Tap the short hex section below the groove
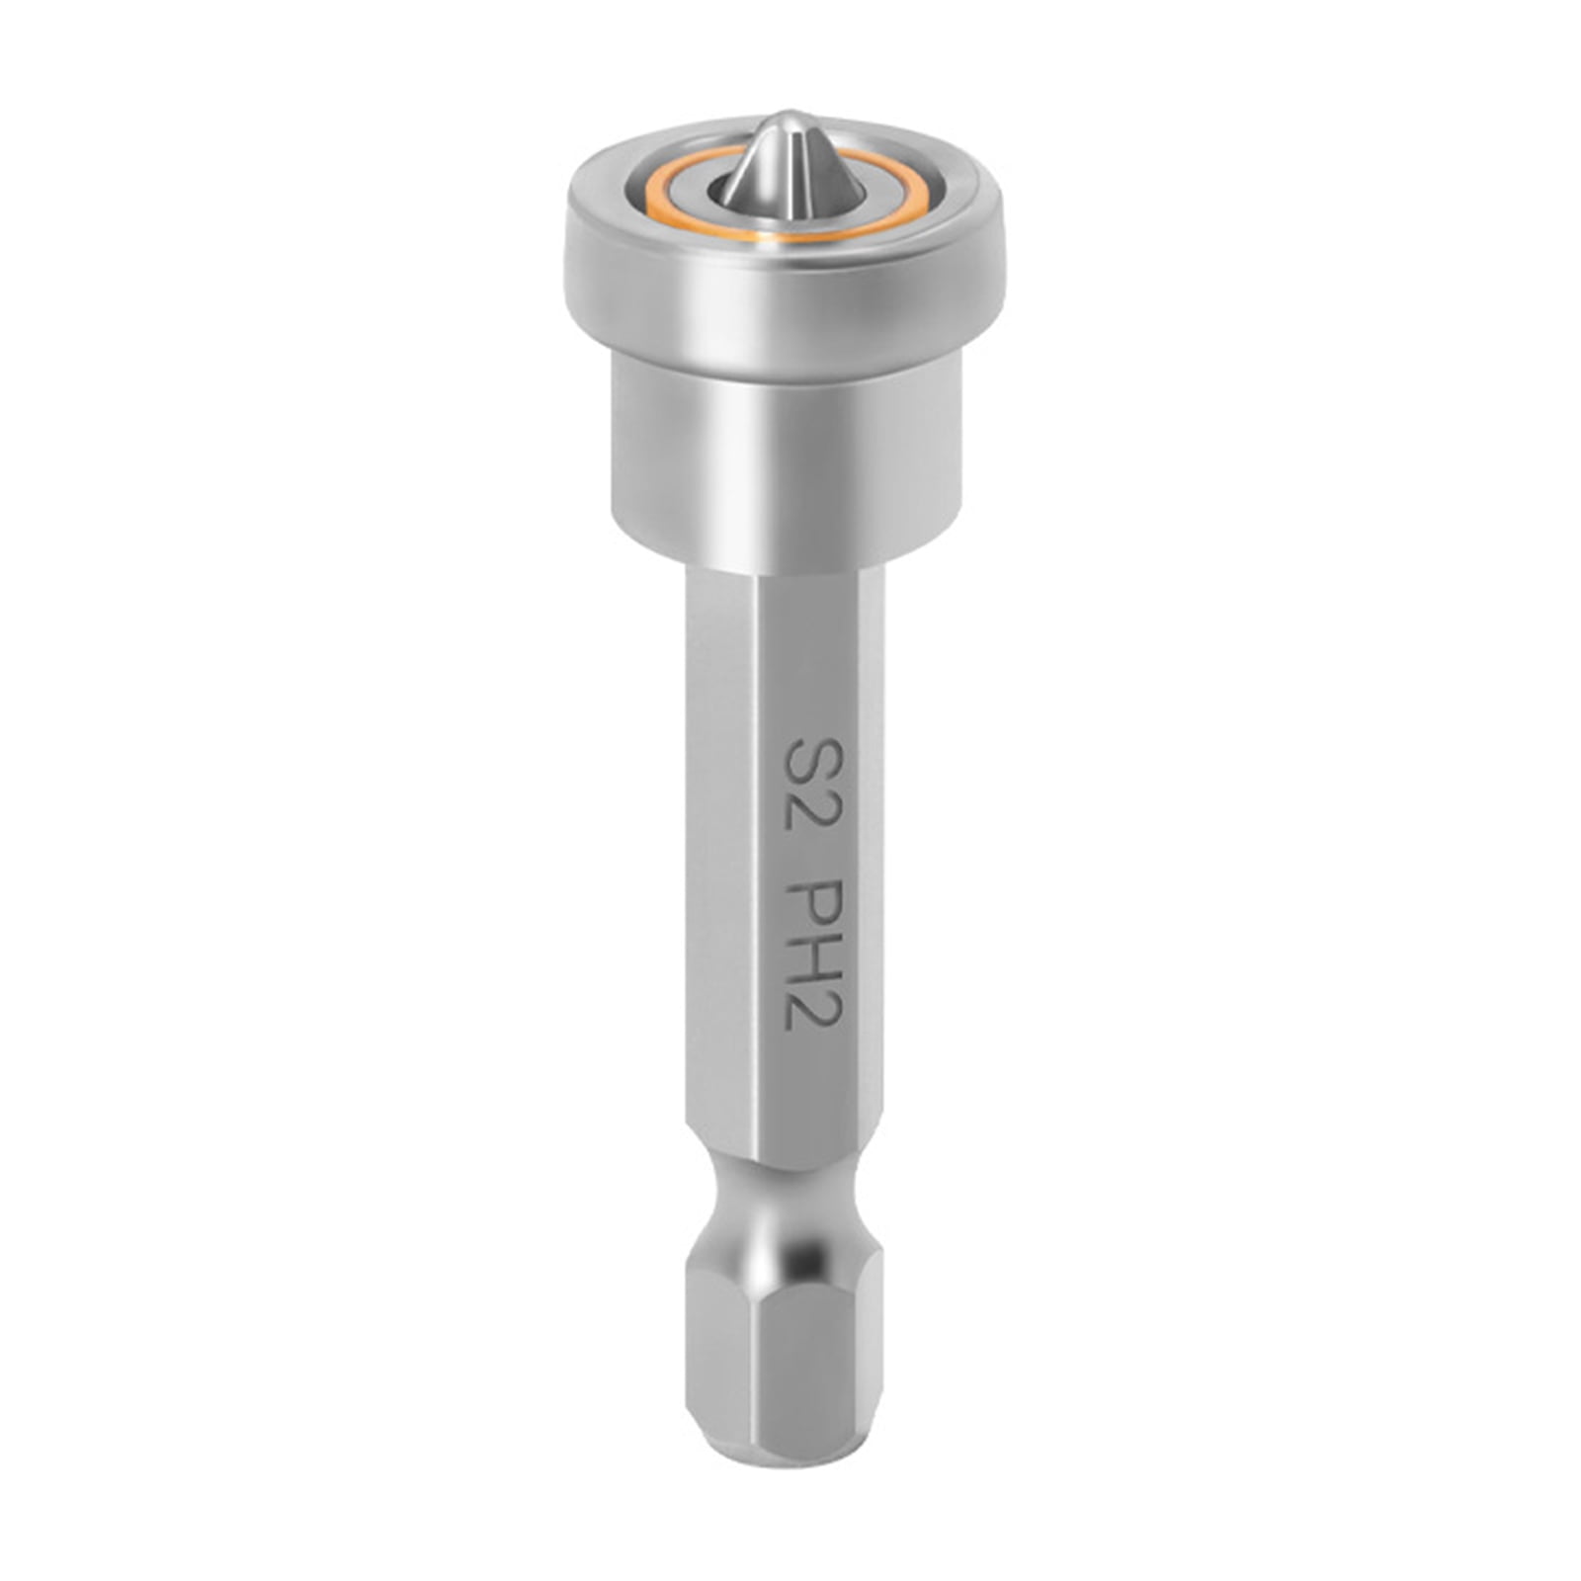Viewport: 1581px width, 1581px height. click(786, 1383)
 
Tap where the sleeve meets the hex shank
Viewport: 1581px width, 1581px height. click(786, 570)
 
